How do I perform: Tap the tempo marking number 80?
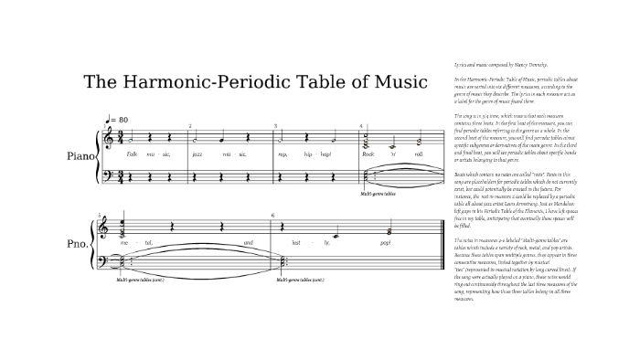click(x=123, y=120)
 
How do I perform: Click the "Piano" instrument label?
click(x=80, y=156)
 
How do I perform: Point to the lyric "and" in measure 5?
click(x=248, y=243)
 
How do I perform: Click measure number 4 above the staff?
click(x=362, y=125)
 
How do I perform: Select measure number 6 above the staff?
click(x=272, y=215)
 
